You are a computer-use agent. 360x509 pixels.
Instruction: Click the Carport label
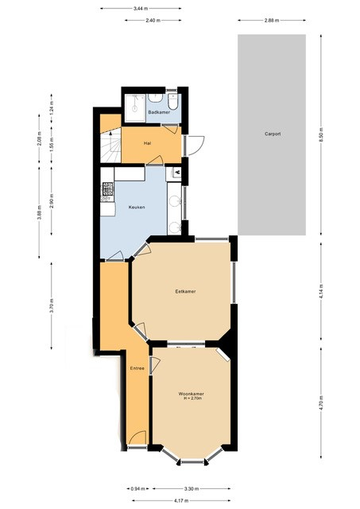click(272, 134)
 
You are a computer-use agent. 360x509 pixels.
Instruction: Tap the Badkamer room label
click(159, 112)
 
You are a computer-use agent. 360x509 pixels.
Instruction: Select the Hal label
click(147, 143)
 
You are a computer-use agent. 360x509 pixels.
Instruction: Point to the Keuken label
click(137, 207)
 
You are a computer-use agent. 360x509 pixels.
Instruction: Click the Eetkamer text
click(185, 292)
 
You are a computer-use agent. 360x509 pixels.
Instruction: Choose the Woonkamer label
click(192, 394)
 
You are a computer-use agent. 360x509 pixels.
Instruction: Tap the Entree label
click(137, 368)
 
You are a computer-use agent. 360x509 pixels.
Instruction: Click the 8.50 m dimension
click(321, 134)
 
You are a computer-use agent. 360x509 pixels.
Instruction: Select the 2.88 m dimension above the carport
click(272, 20)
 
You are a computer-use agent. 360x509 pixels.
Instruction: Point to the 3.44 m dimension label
click(141, 9)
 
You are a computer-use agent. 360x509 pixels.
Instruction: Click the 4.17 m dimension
click(181, 500)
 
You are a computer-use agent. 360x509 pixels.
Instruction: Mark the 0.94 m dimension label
click(137, 488)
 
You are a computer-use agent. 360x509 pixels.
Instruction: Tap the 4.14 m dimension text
click(321, 292)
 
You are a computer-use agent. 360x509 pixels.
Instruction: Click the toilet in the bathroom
click(172, 101)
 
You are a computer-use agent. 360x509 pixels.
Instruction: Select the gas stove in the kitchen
click(107, 188)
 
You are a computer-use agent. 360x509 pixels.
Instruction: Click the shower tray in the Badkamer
click(135, 108)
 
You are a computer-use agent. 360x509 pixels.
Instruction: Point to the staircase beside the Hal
click(110, 145)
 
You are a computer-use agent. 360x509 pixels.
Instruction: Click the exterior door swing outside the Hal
click(195, 145)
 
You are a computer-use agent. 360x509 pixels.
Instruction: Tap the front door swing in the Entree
click(137, 438)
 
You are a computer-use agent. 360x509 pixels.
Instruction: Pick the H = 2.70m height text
click(192, 398)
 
